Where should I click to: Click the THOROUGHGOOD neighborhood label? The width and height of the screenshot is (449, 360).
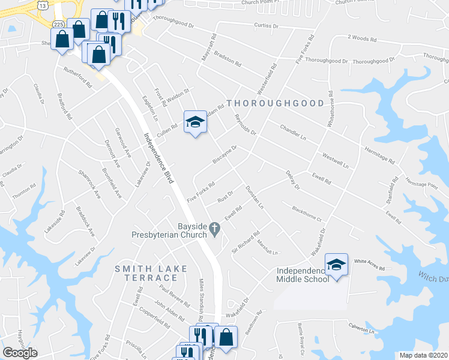(x=275, y=103)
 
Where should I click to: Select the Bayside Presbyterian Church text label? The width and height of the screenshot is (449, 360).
(x=169, y=231)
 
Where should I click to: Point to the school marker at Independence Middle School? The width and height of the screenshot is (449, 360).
(x=336, y=265)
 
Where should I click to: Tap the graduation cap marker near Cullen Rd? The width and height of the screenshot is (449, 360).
(x=194, y=122)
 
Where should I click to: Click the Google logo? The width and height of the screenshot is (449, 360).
(x=20, y=353)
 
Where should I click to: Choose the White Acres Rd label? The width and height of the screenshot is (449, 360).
(x=369, y=262)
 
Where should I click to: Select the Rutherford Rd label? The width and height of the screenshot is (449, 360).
(x=79, y=77)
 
